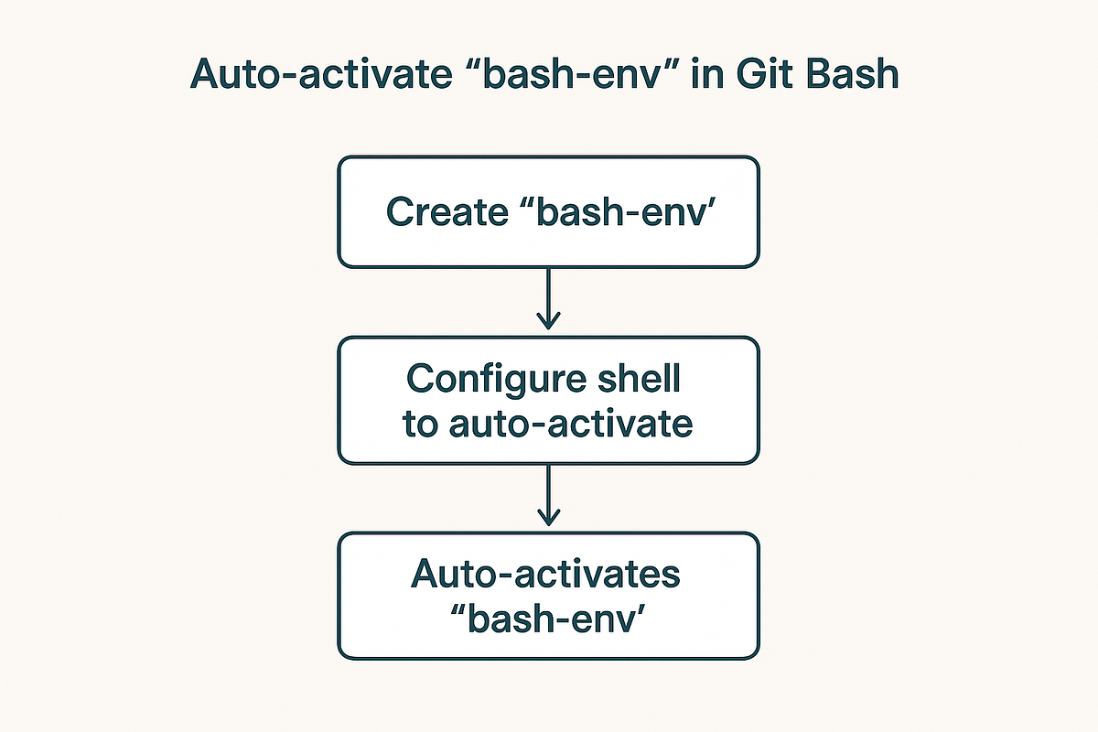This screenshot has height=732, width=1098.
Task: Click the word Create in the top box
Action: point(444,212)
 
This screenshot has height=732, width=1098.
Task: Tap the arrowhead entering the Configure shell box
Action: point(548,322)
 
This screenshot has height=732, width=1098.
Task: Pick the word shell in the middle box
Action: point(648,380)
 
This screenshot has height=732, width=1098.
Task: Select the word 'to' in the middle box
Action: point(420,425)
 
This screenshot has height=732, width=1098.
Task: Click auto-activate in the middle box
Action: point(569,425)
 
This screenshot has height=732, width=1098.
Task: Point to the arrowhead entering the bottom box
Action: point(548,519)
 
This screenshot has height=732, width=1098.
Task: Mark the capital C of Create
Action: point(400,212)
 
